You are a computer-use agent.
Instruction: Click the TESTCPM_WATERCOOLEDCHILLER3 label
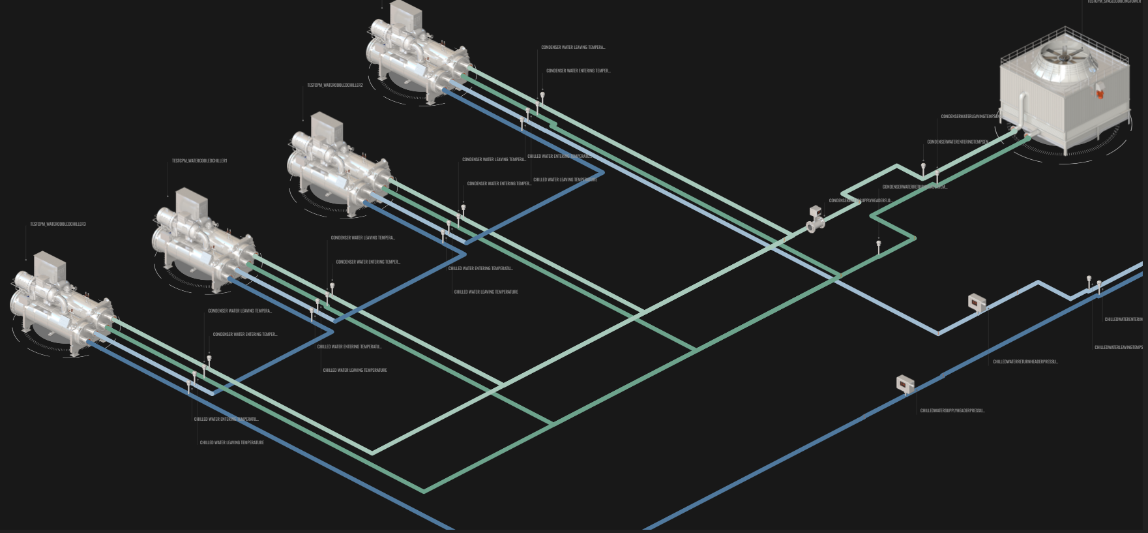57,224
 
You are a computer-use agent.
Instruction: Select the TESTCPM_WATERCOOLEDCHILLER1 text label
199,160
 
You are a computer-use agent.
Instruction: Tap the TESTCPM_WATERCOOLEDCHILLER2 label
335,85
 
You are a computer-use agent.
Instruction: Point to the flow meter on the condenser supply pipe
816,219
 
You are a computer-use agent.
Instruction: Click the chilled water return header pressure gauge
977,303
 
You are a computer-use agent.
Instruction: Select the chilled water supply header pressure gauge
905,384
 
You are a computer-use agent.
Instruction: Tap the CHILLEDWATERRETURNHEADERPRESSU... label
1025,361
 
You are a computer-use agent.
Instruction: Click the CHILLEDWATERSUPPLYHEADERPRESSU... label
952,411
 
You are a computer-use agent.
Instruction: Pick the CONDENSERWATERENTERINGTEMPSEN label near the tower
957,142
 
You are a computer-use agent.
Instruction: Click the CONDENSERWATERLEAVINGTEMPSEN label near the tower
970,117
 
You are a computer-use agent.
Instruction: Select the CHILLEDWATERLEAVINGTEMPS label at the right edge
1118,348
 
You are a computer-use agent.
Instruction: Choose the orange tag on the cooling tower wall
1100,94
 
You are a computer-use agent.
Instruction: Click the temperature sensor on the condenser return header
879,247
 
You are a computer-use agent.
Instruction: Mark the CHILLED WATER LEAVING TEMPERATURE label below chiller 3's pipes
231,443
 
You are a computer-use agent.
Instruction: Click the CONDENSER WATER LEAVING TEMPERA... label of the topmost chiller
572,48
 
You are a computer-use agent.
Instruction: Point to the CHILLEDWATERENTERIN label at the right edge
1123,320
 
